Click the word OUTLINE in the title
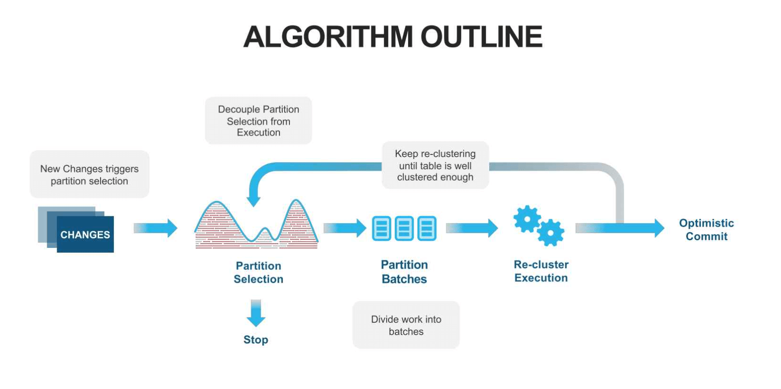(481, 37)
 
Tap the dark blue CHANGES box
(85, 235)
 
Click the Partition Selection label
(258, 272)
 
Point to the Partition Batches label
(404, 272)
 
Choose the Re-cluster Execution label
(541, 271)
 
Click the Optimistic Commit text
(706, 230)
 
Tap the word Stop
(256, 340)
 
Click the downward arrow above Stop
(256, 313)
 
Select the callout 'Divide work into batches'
(406, 325)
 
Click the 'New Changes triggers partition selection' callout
(90, 174)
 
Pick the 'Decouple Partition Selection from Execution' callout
(258, 121)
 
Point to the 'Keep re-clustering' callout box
(435, 165)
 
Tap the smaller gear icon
(551, 233)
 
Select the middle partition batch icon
(404, 228)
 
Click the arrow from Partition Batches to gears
(472, 228)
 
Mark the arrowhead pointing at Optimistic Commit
(658, 228)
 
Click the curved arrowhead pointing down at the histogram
(254, 201)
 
